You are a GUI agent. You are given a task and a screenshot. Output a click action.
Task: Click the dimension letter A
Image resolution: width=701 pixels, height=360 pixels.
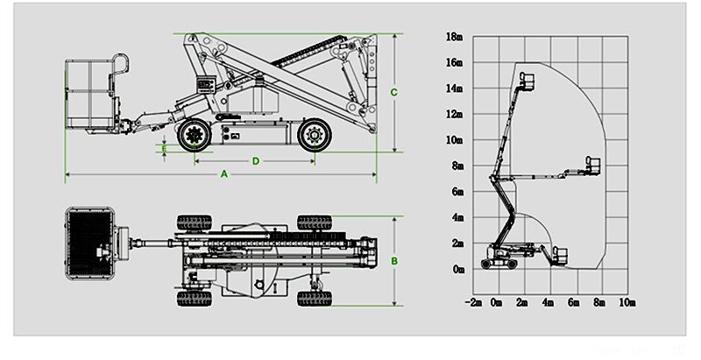(x=223, y=174)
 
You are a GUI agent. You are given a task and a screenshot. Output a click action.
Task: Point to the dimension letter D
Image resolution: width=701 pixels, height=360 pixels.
(x=255, y=160)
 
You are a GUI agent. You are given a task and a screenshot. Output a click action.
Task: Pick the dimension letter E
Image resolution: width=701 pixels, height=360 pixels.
(x=164, y=149)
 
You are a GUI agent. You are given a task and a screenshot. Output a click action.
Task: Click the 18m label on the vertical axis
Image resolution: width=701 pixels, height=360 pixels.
(x=453, y=38)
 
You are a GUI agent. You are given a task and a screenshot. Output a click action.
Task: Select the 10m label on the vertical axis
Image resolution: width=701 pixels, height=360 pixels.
(x=453, y=140)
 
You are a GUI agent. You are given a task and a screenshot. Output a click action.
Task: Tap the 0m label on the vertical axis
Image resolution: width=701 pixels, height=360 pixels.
(x=456, y=269)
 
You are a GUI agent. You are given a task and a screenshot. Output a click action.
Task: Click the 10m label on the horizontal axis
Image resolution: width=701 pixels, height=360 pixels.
(x=627, y=302)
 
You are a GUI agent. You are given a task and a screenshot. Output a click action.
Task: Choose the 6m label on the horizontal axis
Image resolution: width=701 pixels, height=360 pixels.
(x=575, y=302)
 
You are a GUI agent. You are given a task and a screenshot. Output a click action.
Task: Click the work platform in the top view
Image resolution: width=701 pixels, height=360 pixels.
(x=91, y=240)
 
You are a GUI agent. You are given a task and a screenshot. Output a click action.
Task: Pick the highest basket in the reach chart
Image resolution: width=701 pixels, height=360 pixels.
(x=527, y=81)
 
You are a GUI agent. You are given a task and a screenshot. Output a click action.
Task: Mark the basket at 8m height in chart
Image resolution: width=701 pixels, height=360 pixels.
(x=593, y=166)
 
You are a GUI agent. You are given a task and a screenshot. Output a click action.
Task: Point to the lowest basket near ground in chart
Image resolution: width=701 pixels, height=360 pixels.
(x=558, y=258)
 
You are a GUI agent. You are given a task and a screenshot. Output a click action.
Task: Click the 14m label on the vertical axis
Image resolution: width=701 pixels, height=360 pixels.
(x=453, y=88)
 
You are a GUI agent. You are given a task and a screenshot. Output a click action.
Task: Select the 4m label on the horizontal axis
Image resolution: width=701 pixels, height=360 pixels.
(x=549, y=302)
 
